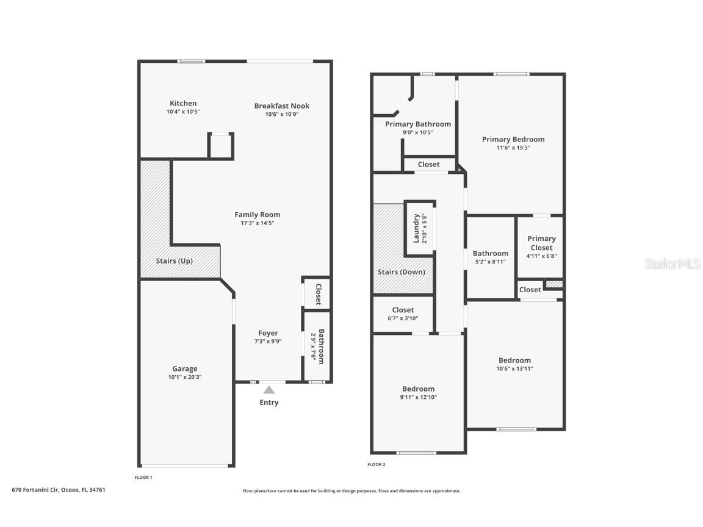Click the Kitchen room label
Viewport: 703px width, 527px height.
tap(183, 103)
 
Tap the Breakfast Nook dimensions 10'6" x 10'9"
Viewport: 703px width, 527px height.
tap(281, 114)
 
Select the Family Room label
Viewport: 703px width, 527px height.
tap(257, 214)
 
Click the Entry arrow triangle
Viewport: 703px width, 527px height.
tap(269, 390)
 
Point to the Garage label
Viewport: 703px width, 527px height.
tap(184, 368)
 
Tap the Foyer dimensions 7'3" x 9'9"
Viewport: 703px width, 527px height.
tap(268, 342)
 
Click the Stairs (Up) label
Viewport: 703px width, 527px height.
tap(174, 260)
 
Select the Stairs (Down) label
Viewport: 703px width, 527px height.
tap(401, 272)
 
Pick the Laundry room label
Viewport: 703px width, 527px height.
tap(416, 228)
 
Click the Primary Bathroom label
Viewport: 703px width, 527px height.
tap(417, 124)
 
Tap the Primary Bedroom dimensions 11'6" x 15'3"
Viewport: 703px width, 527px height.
tap(513, 148)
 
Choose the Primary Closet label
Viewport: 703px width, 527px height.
tap(541, 243)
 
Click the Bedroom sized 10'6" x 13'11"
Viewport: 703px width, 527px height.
tap(514, 360)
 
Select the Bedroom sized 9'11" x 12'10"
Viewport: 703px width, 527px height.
tap(418, 389)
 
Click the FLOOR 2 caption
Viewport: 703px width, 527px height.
tap(376, 465)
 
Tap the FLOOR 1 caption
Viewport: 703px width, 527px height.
tap(143, 477)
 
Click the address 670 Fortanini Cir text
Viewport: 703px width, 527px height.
tap(59, 489)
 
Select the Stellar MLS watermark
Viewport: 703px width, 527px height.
tap(672, 263)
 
